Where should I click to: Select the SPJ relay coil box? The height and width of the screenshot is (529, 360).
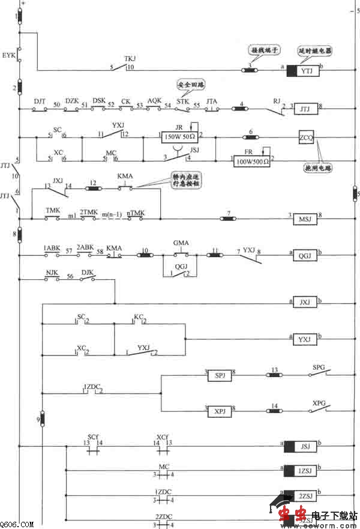220,376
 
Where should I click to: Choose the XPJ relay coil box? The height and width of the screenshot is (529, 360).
220,412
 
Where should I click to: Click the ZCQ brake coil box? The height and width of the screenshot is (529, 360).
305,138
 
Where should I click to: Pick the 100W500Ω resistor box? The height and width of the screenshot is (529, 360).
251,161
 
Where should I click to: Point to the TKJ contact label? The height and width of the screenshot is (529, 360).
130,59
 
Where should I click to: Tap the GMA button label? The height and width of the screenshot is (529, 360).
181,243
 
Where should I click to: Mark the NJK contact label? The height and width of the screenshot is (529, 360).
52,271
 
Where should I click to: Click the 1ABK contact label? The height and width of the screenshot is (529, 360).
51,247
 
